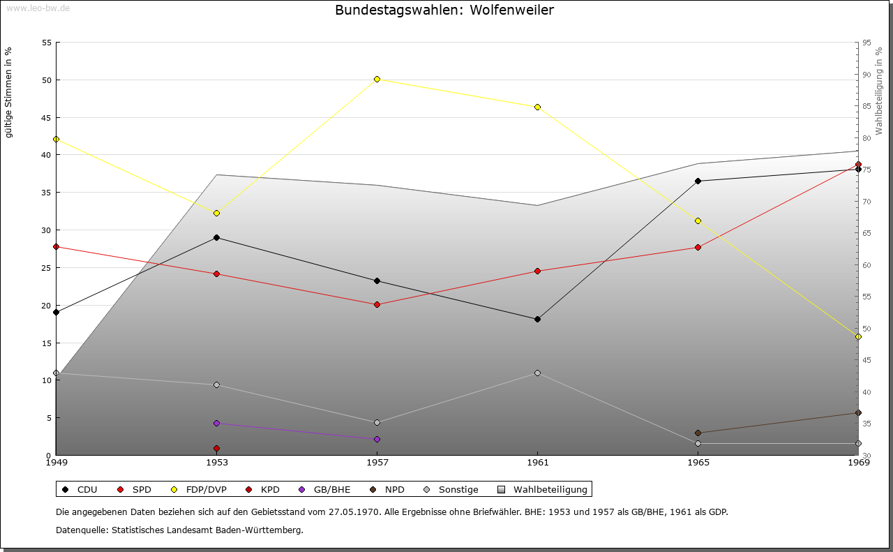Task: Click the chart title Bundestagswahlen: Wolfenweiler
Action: pos(444,10)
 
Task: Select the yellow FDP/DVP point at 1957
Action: pos(377,79)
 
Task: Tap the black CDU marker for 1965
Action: pos(698,181)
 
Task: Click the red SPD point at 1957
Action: pos(377,304)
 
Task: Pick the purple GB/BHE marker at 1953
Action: pos(217,423)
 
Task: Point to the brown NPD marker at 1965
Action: pos(698,433)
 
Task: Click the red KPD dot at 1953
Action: pos(217,448)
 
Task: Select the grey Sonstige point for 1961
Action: pos(537,373)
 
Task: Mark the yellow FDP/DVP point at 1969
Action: pos(858,336)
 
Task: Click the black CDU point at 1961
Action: pos(537,319)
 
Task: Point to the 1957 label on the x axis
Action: pos(377,463)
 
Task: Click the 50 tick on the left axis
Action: pos(47,80)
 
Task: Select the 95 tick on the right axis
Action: pos(866,43)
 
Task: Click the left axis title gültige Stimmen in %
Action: pos(8,92)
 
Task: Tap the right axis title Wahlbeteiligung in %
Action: pos(879,91)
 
